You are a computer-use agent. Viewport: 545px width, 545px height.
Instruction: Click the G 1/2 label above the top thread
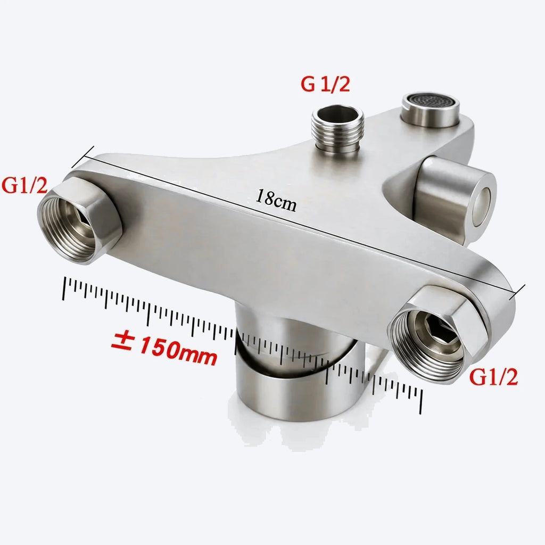point(325,84)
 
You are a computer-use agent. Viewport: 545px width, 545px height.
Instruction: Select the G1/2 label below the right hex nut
point(493,377)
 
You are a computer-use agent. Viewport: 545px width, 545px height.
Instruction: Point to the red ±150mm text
point(164,348)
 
